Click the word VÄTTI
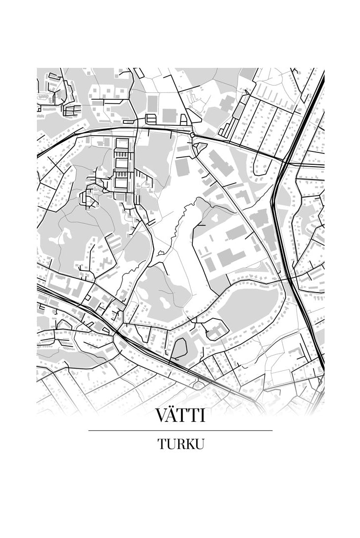coord(180,415)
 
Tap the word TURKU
coord(180,444)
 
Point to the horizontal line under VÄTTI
coord(180,430)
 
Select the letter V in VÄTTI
coord(161,416)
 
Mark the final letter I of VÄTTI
coord(202,416)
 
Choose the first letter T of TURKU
coord(162,444)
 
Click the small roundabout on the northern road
coord(193,134)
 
